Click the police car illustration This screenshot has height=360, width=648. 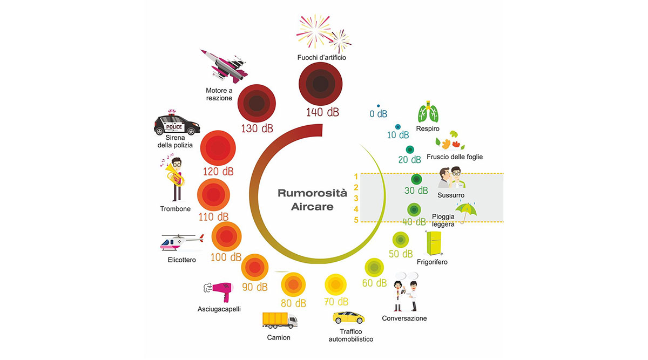coord(177,125)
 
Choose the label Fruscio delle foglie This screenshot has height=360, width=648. coord(454,157)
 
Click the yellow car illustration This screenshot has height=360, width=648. coord(348,317)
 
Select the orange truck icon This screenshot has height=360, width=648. coord(280,321)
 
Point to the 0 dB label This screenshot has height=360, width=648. coord(379,114)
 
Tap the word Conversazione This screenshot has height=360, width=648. coord(404,318)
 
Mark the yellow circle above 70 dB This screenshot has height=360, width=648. coord(335,284)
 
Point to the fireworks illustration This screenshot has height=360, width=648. coord(322,33)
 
